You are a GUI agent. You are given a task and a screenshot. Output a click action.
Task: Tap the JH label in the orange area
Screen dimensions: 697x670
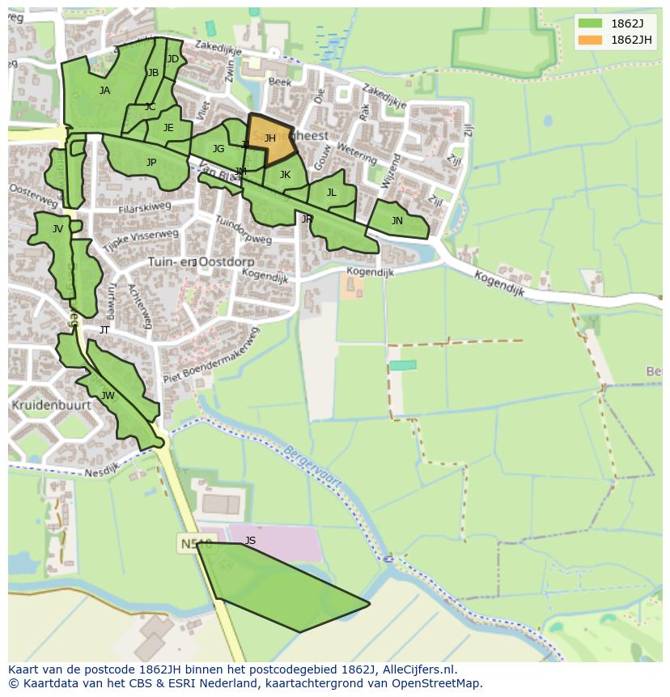coord(270,138)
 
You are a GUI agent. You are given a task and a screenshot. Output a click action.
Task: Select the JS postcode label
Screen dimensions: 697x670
coord(250,541)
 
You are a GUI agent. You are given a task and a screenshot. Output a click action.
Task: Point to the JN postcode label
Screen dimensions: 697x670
coord(396,221)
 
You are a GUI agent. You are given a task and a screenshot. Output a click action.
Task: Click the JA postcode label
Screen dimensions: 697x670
coord(104,91)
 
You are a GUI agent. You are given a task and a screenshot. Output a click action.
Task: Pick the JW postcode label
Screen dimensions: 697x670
coord(108,396)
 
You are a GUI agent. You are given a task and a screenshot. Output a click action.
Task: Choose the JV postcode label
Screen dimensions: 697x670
coord(57,229)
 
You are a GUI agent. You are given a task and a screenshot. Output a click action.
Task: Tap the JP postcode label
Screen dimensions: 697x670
coord(151,163)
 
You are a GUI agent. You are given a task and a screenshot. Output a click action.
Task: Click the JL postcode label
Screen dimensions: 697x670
coord(332,193)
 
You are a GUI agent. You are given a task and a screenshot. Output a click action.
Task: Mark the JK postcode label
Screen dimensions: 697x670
coord(285,175)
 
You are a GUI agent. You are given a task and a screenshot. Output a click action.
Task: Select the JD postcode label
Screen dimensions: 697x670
coord(172,59)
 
